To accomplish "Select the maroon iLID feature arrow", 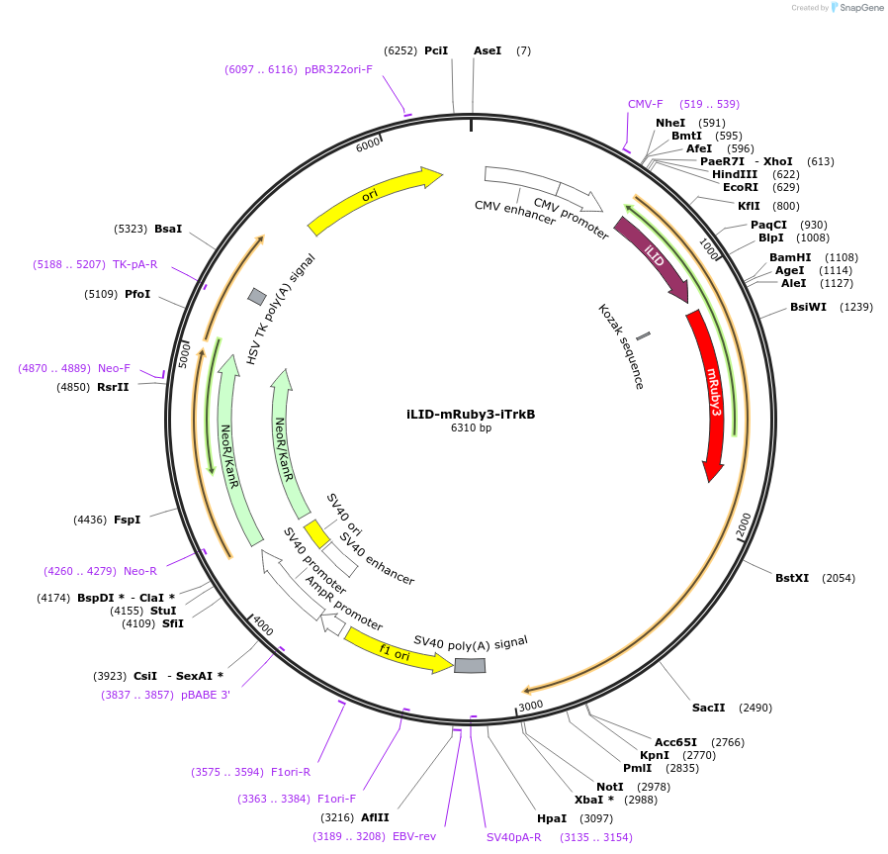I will point(652,256).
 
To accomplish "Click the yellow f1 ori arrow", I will point(396,651).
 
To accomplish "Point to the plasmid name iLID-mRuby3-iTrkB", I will point(471,414).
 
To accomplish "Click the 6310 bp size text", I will point(471,428).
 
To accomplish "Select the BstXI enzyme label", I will point(792,578).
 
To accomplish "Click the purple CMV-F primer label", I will point(646,104).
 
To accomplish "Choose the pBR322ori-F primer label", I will point(338,69).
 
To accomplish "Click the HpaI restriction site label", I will point(552,818).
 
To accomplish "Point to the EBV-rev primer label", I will point(414,836).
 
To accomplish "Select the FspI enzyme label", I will point(127,520).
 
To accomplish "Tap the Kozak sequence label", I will point(621,346).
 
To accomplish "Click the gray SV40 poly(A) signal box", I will point(470,666).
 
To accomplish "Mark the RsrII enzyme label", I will point(113,387).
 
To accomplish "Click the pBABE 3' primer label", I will point(206,695).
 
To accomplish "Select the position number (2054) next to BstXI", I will point(839,578).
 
